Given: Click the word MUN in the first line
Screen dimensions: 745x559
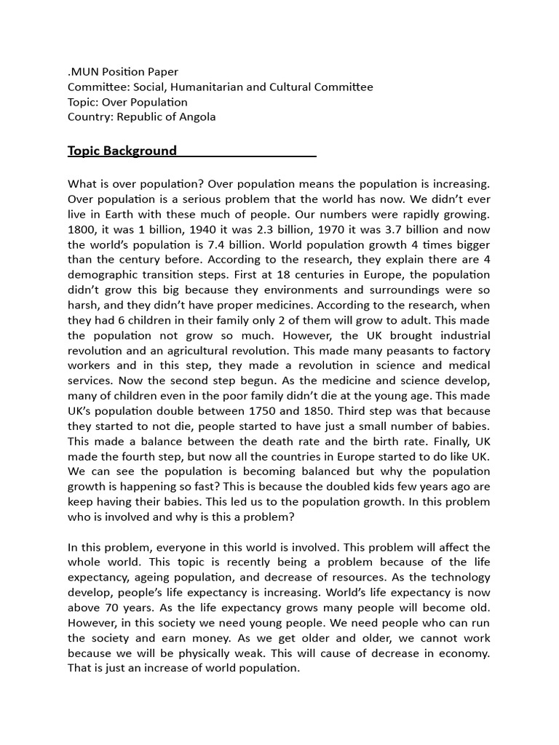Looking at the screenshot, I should pyautogui.click(x=84, y=71).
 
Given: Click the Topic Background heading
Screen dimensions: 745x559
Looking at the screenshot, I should pyautogui.click(x=122, y=151).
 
